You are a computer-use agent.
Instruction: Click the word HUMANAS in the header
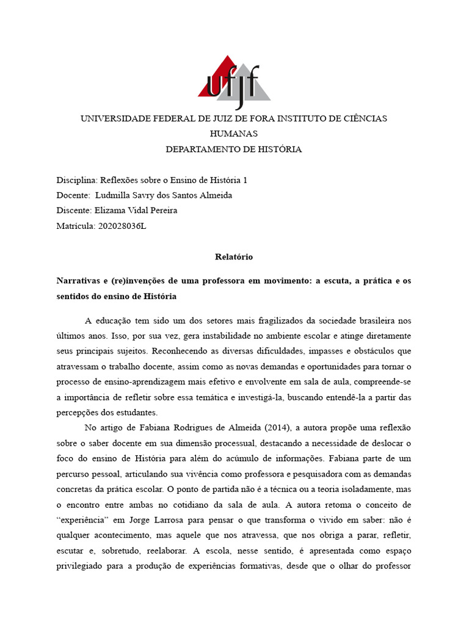(x=234, y=134)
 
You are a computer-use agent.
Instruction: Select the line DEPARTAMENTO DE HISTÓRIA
(x=234, y=150)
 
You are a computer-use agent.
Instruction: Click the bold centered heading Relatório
(x=234, y=257)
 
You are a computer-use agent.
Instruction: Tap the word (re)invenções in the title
(x=138, y=281)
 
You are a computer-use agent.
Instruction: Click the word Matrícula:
(x=76, y=226)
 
